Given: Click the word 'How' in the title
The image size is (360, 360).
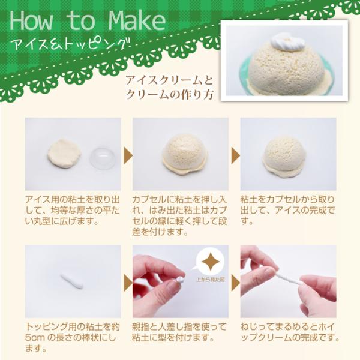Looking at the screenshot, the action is pos(31,21).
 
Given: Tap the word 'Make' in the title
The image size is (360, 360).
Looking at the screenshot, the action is pos(137,20).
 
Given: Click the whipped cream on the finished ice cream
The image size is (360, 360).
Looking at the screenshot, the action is pos(287,41).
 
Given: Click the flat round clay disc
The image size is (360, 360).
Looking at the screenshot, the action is pos(65,153).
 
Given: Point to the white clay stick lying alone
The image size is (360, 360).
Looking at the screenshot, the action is pos(71,281).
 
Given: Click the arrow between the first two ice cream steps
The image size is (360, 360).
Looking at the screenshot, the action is pos(128,155).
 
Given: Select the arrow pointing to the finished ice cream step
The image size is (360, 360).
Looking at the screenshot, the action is pos(235,155).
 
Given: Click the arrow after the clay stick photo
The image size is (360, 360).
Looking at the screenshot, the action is pos(128,283).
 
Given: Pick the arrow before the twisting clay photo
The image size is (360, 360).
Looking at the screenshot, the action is pos(235,283).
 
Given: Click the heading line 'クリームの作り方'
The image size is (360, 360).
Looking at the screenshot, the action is pos(169,94).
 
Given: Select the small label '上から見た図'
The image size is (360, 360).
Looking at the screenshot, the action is pos(210,280).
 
